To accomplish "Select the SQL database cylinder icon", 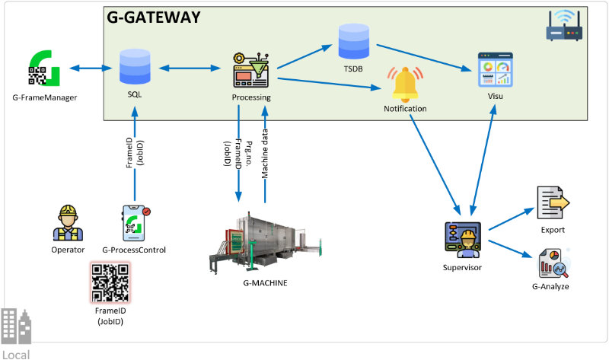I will click(135, 68).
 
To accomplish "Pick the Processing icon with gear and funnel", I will click(251, 72).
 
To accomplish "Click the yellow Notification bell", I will click(405, 84).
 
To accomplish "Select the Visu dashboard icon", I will click(495, 72).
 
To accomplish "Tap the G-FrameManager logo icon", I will click(44, 69).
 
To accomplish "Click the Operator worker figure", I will click(68, 223).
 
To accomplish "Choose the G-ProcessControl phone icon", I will click(133, 223).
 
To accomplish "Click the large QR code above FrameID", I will click(111, 283).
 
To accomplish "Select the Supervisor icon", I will click(462, 239).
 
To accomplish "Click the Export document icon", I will click(553, 203).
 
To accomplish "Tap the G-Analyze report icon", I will click(553, 263).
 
